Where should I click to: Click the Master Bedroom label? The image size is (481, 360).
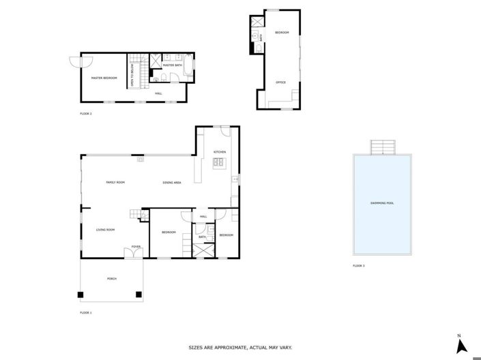click(104, 78)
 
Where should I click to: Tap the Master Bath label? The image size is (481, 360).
click(172, 65)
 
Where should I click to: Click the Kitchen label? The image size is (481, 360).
click(219, 151)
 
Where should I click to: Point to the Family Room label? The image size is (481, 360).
click(115, 183)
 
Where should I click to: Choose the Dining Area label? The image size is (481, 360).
click(171, 183)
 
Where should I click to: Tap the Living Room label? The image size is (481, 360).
click(105, 230)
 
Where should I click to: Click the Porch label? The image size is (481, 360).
click(111, 279)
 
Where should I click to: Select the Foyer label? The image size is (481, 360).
click(136, 247)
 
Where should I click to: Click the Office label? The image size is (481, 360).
click(280, 82)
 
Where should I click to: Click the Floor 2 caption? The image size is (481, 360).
click(85, 114)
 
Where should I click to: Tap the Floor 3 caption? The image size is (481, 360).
click(358, 265)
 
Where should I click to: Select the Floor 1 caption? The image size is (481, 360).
click(85, 312)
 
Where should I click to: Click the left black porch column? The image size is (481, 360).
click(81, 295)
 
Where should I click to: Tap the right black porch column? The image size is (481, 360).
click(139, 295)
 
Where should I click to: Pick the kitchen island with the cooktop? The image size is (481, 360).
click(219, 162)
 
